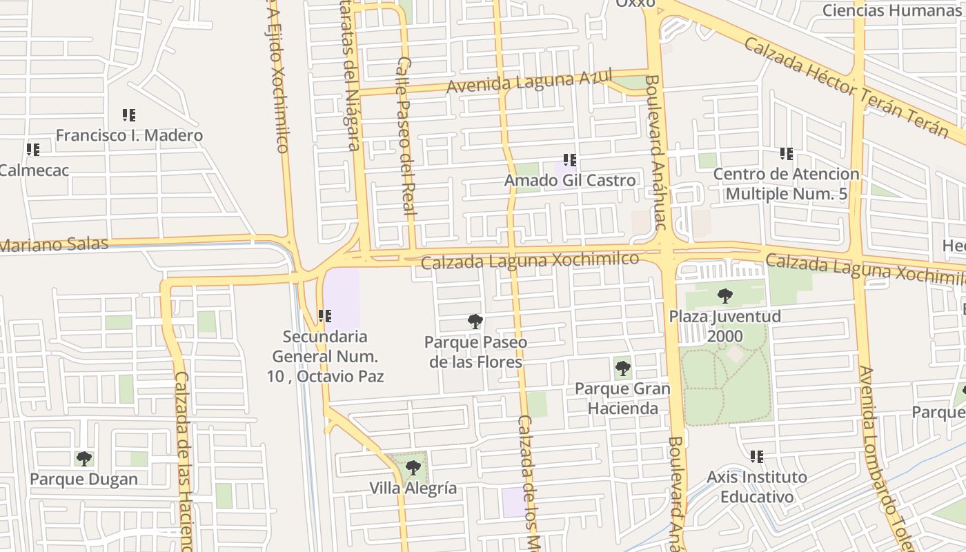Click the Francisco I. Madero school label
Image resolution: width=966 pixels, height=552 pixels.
(129, 135)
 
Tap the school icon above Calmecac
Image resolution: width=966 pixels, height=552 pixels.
(32, 149)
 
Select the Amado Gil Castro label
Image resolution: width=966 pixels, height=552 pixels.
(570, 181)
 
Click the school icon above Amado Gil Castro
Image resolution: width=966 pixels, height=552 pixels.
(569, 160)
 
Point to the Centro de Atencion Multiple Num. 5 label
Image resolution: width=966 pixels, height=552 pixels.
(786, 184)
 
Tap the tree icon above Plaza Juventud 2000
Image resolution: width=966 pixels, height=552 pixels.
(724, 296)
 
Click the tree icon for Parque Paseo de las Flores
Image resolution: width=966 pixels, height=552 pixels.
(475, 321)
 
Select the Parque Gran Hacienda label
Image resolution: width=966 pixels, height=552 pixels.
(622, 398)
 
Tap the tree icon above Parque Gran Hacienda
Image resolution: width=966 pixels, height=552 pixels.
(622, 368)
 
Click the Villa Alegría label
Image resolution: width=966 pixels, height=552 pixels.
(413, 489)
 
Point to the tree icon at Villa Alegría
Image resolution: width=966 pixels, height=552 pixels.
(413, 468)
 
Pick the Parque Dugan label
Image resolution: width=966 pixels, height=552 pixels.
(83, 479)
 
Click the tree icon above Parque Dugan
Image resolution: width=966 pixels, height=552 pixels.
(83, 458)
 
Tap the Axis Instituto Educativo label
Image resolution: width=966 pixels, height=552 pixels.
(756, 486)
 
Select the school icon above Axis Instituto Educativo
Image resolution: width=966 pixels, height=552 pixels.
(756, 456)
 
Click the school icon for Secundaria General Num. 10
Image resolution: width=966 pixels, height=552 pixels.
(324, 316)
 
